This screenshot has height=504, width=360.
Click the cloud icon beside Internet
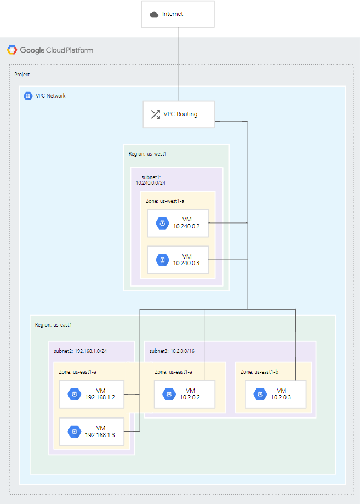(154, 14)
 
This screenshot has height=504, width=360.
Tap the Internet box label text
(173, 14)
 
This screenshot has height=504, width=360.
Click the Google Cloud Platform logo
(12, 50)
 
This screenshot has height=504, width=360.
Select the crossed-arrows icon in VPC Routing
(155, 114)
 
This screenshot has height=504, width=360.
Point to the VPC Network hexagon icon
(28, 96)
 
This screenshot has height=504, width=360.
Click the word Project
(22, 74)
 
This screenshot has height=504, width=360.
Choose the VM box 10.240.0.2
(178, 222)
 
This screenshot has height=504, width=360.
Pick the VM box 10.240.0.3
(178, 260)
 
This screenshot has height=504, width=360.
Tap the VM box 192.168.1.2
(92, 394)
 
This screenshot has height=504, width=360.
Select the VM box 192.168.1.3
(92, 431)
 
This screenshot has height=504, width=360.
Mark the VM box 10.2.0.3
(268, 394)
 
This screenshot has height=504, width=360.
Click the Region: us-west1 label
(147, 154)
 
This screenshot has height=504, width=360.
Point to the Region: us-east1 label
(54, 325)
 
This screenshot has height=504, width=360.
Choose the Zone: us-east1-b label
(259, 371)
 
